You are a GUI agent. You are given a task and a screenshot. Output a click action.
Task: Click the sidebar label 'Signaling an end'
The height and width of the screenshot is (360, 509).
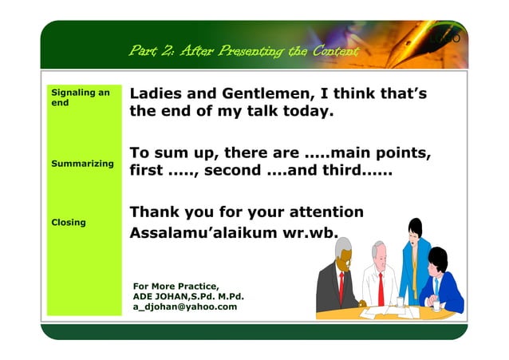(79, 97)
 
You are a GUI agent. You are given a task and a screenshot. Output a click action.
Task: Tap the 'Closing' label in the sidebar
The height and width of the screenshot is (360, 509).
(68, 222)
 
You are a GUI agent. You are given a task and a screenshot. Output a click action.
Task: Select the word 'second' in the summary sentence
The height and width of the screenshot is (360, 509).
(233, 170)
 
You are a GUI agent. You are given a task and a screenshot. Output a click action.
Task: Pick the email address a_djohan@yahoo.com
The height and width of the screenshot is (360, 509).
(185, 307)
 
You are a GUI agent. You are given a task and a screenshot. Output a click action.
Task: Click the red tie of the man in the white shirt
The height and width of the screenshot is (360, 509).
(381, 287)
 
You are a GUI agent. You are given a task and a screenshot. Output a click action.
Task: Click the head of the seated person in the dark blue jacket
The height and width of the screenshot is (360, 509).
(437, 259)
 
